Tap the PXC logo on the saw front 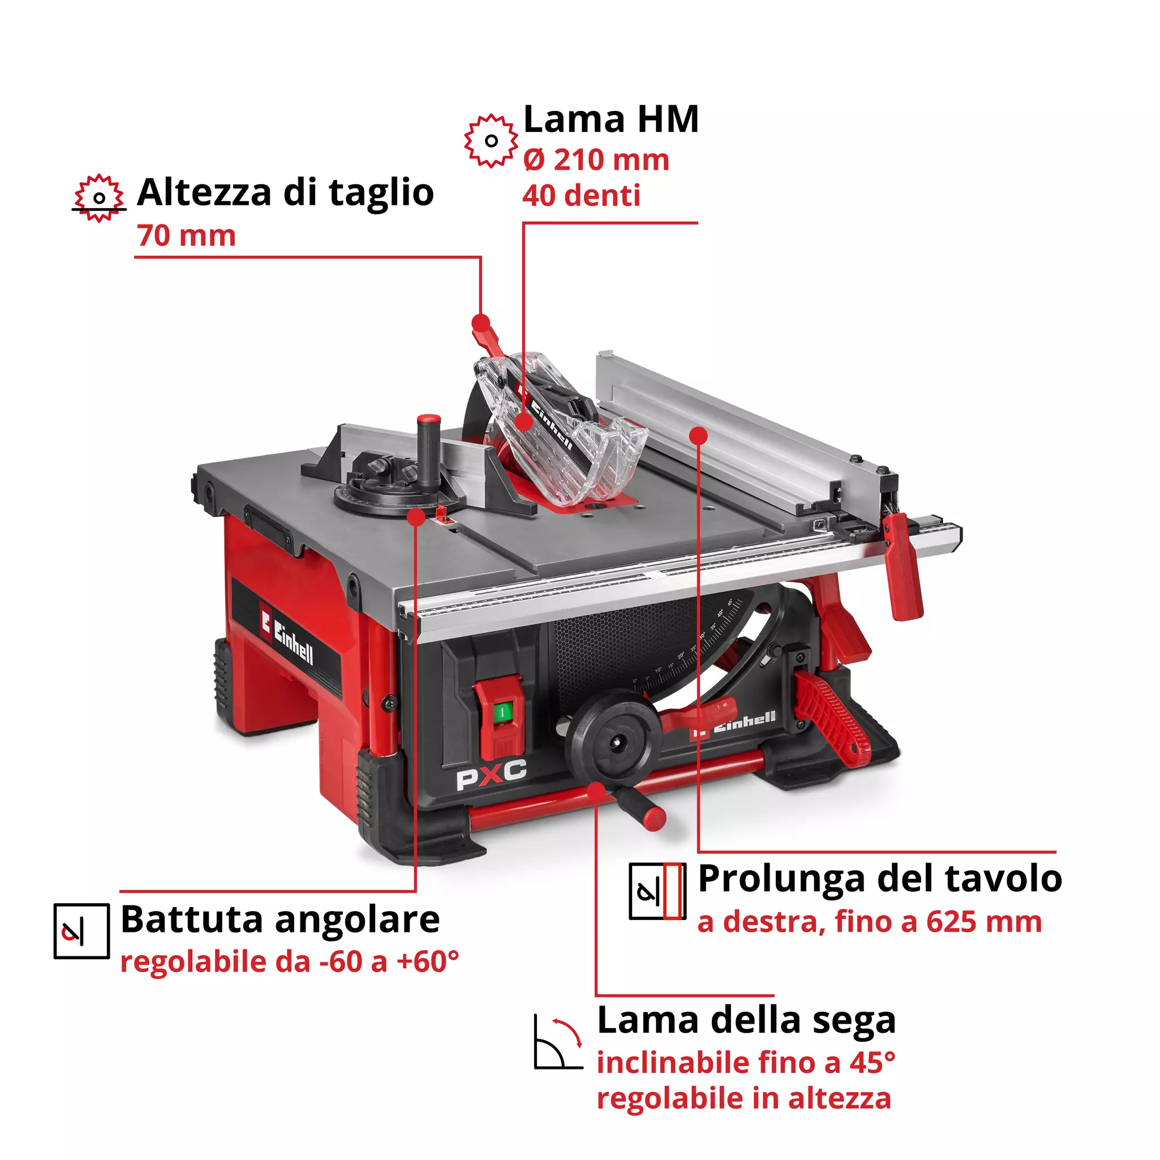(x=491, y=774)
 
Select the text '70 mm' (x=186, y=235)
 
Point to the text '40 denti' (x=581, y=196)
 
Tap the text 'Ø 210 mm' (x=596, y=160)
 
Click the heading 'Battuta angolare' (x=280, y=920)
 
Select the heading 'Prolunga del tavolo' (x=879, y=879)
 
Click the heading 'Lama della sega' (x=746, y=1021)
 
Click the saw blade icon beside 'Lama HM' (x=491, y=141)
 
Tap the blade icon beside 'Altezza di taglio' (x=99, y=198)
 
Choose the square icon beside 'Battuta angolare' (x=81, y=931)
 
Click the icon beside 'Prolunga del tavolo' (x=657, y=892)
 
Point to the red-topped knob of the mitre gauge (x=428, y=421)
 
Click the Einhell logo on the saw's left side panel (x=287, y=637)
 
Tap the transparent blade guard (x=558, y=432)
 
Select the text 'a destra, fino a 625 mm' (x=869, y=922)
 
